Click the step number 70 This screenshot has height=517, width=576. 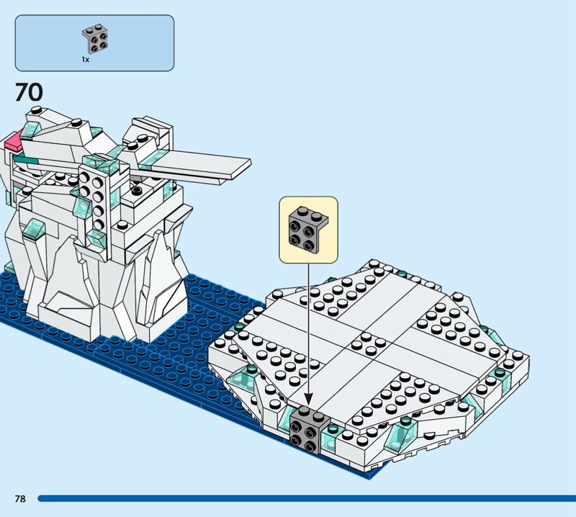point(29,92)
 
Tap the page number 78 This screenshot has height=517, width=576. point(20,498)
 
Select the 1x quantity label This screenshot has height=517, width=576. point(85,60)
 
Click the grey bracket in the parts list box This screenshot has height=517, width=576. point(95,38)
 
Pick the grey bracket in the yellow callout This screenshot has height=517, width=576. point(308,230)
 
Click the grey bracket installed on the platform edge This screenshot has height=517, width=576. point(308,430)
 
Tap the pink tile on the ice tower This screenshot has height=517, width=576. point(13,141)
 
